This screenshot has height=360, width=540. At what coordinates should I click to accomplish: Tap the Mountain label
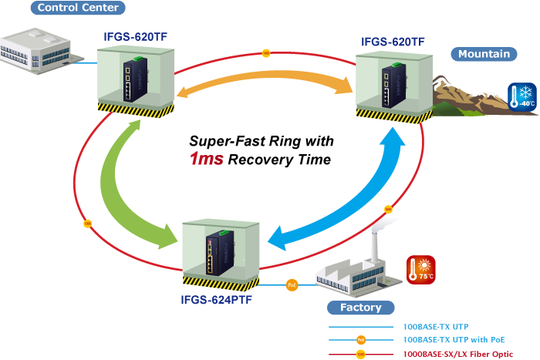click(x=484, y=54)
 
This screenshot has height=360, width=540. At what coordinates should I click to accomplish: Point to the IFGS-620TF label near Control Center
click(x=136, y=35)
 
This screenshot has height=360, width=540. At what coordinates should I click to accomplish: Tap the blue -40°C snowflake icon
click(x=521, y=97)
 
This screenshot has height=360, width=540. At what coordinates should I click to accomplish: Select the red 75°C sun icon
click(x=421, y=270)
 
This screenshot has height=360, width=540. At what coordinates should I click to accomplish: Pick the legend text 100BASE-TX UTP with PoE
click(x=448, y=339)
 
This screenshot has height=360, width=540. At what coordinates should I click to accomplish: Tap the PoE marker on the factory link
click(x=292, y=284)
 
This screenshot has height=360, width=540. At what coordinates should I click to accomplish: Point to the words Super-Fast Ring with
click(x=261, y=141)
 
